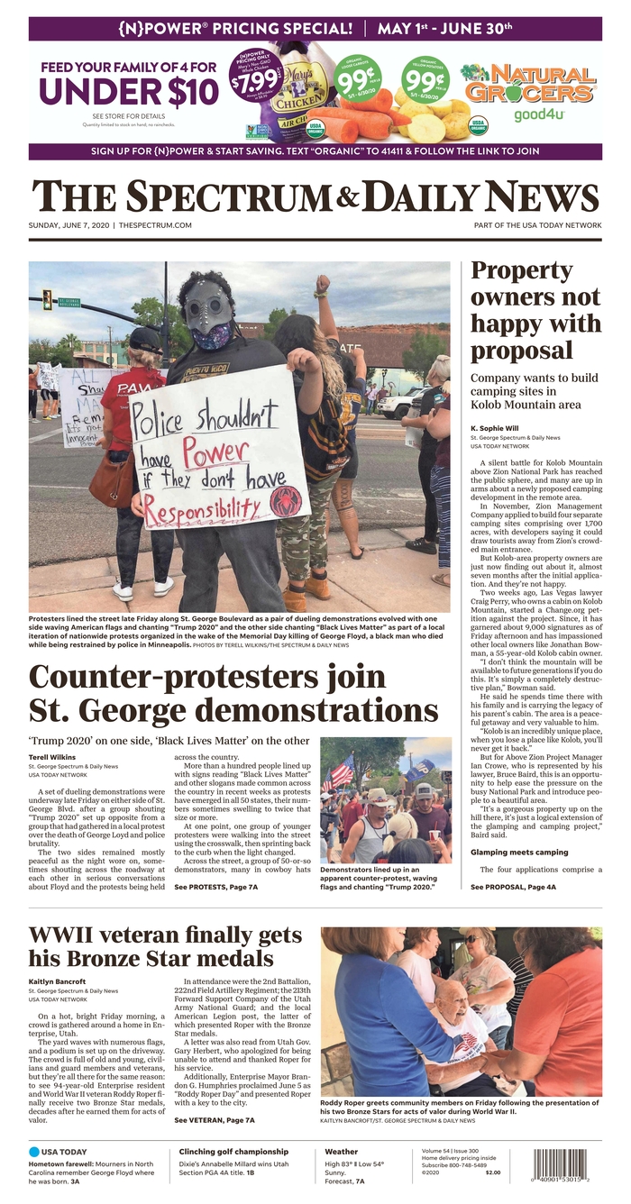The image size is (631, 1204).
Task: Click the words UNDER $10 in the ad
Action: [x=128, y=92]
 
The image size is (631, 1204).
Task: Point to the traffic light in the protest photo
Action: [x=47, y=299]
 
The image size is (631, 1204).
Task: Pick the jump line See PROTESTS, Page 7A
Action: [x=216, y=887]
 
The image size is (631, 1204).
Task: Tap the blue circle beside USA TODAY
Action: [x=34, y=1152]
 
